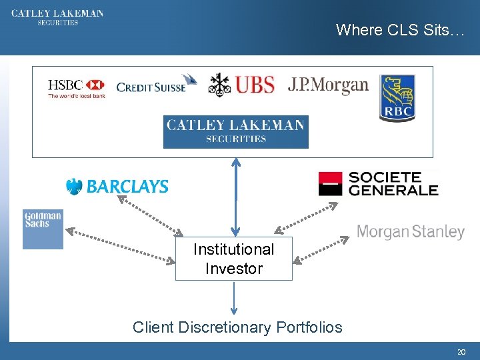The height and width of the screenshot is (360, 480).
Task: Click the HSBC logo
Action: [x=76, y=88]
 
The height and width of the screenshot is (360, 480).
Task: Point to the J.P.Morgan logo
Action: [x=328, y=85]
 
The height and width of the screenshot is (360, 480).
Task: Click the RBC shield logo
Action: [x=397, y=98]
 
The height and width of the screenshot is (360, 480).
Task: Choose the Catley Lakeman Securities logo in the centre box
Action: [x=235, y=131]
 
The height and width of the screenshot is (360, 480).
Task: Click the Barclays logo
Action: [x=117, y=187]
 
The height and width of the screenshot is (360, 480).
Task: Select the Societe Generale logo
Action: [x=378, y=183]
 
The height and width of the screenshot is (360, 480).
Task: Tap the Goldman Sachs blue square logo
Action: [x=43, y=229]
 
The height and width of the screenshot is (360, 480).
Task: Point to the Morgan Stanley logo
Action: [x=410, y=232]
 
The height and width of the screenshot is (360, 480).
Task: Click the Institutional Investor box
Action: [x=233, y=259]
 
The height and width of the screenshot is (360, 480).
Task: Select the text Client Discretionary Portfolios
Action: [x=237, y=327]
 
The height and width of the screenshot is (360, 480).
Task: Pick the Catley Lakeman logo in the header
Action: [x=57, y=17]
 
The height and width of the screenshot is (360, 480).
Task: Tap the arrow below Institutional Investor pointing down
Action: [x=234, y=298]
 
